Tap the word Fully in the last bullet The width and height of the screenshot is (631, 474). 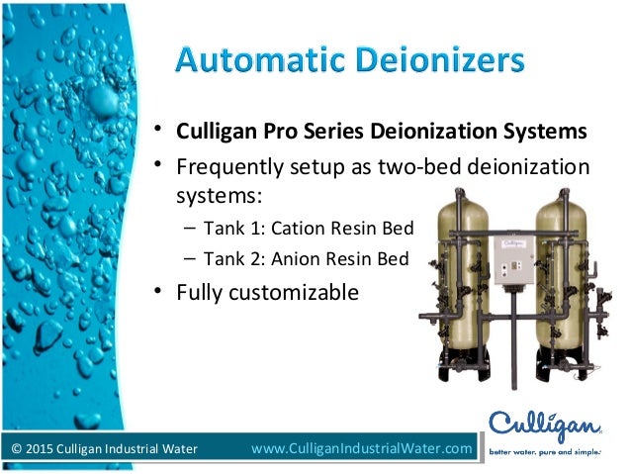click(x=200, y=293)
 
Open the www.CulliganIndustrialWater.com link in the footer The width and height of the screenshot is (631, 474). click(x=362, y=450)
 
